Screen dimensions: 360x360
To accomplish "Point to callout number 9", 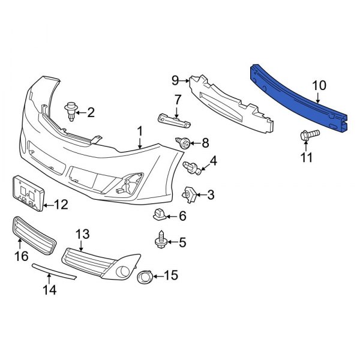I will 175,80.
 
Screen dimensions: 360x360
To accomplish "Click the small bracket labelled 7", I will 174,120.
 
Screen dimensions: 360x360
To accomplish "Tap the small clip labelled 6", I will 160,213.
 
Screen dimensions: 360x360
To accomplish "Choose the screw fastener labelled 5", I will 161,241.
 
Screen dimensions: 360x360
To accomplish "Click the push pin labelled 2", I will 71,111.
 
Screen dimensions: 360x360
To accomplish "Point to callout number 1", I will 140,130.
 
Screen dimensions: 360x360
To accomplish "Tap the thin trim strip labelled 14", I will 54,271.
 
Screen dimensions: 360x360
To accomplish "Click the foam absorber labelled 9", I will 234,102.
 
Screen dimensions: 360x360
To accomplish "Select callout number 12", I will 61,205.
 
